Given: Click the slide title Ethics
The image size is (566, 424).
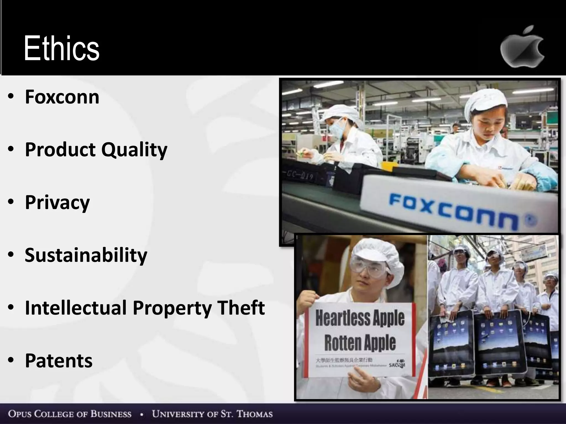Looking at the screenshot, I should click(61, 48).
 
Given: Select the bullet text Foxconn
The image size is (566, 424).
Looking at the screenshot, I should click(62, 97).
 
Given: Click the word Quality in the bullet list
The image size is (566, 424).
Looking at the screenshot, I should click(134, 150).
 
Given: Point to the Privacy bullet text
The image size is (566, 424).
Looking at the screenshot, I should click(57, 203).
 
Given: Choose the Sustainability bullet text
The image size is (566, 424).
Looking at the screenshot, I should click(86, 255).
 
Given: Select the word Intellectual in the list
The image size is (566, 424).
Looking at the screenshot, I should click(76, 308).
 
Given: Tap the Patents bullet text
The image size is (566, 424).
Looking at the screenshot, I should click(59, 361).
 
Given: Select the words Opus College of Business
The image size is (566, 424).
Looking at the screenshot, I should click(70, 414).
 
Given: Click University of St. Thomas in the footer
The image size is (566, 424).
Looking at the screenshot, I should click(212, 414).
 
